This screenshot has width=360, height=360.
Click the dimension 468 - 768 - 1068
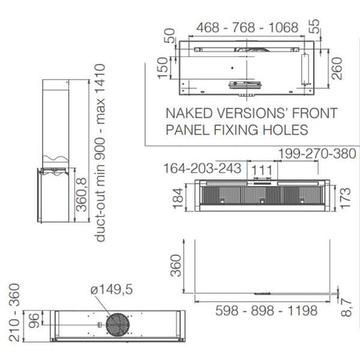coord(247,27)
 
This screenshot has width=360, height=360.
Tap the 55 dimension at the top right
coord(315,27)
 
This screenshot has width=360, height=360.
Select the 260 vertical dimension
coord(337,68)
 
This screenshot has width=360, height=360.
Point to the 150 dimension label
coord(163,67)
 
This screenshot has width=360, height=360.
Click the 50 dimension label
coord(170,35)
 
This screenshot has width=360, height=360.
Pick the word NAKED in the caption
coord(189,113)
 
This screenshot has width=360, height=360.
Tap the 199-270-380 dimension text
coord(317,153)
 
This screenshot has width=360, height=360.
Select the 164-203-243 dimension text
coord(202,168)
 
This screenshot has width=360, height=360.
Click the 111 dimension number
coord(262,171)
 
